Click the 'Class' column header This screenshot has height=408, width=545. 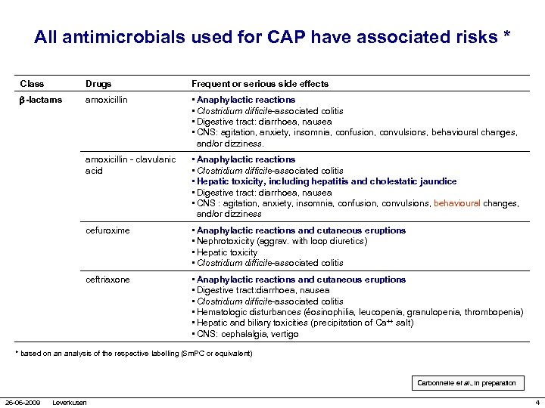click(33, 84)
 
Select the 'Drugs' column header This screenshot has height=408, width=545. click(99, 84)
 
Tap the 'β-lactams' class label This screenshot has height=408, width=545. click(42, 100)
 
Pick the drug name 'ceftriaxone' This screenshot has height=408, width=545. click(107, 280)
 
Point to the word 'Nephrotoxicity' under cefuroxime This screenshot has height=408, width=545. click(226, 241)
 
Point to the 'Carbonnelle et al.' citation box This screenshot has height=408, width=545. click(466, 383)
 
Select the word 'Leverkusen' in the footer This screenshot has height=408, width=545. click(70, 402)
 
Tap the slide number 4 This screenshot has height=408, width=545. click(536, 402)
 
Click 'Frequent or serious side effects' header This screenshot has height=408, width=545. click(260, 84)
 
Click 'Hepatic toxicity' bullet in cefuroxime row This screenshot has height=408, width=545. click(227, 252)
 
